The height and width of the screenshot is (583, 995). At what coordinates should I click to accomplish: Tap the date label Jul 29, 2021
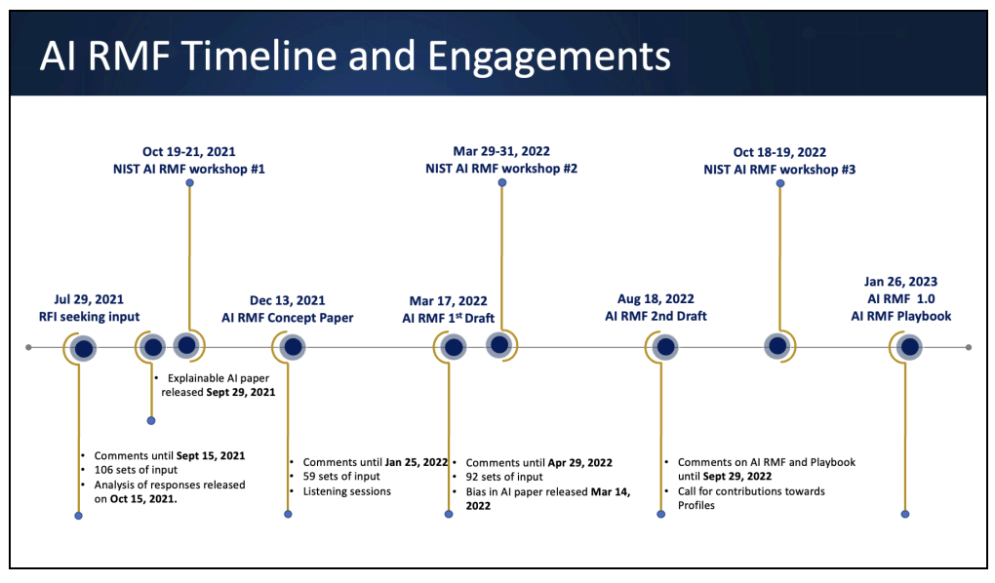coord(89,299)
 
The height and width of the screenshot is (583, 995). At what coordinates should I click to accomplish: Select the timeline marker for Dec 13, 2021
coord(293,347)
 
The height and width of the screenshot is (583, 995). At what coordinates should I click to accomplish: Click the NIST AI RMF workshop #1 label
coord(189,169)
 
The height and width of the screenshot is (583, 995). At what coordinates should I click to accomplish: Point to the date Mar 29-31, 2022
coord(501,152)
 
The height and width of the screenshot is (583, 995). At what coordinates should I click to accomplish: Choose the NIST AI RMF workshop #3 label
coord(779,170)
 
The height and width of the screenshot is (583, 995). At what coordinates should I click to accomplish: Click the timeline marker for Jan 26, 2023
coord(910,347)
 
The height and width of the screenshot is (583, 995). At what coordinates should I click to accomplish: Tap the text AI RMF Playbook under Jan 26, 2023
coord(901,316)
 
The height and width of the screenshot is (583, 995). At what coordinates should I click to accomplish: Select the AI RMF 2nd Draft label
coord(656,316)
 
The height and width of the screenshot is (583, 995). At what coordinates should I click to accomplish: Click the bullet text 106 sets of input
coord(136,470)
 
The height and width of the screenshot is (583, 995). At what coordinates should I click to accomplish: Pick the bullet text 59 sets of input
coord(341,477)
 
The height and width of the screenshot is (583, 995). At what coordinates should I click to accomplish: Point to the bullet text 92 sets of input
coord(504,477)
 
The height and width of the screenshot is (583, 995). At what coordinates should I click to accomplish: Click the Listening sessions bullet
coord(347,491)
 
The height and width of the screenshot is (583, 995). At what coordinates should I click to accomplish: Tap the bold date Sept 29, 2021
coord(241,392)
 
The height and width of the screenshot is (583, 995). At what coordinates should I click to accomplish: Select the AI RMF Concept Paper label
coord(288,318)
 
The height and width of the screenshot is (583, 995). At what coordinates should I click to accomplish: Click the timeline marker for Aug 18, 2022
coord(665,347)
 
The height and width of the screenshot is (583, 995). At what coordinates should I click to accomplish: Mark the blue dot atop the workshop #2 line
coord(502,182)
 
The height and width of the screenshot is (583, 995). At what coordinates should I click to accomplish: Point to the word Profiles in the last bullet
coord(696,506)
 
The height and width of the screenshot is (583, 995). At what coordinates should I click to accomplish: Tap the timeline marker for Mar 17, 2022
coord(453,347)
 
